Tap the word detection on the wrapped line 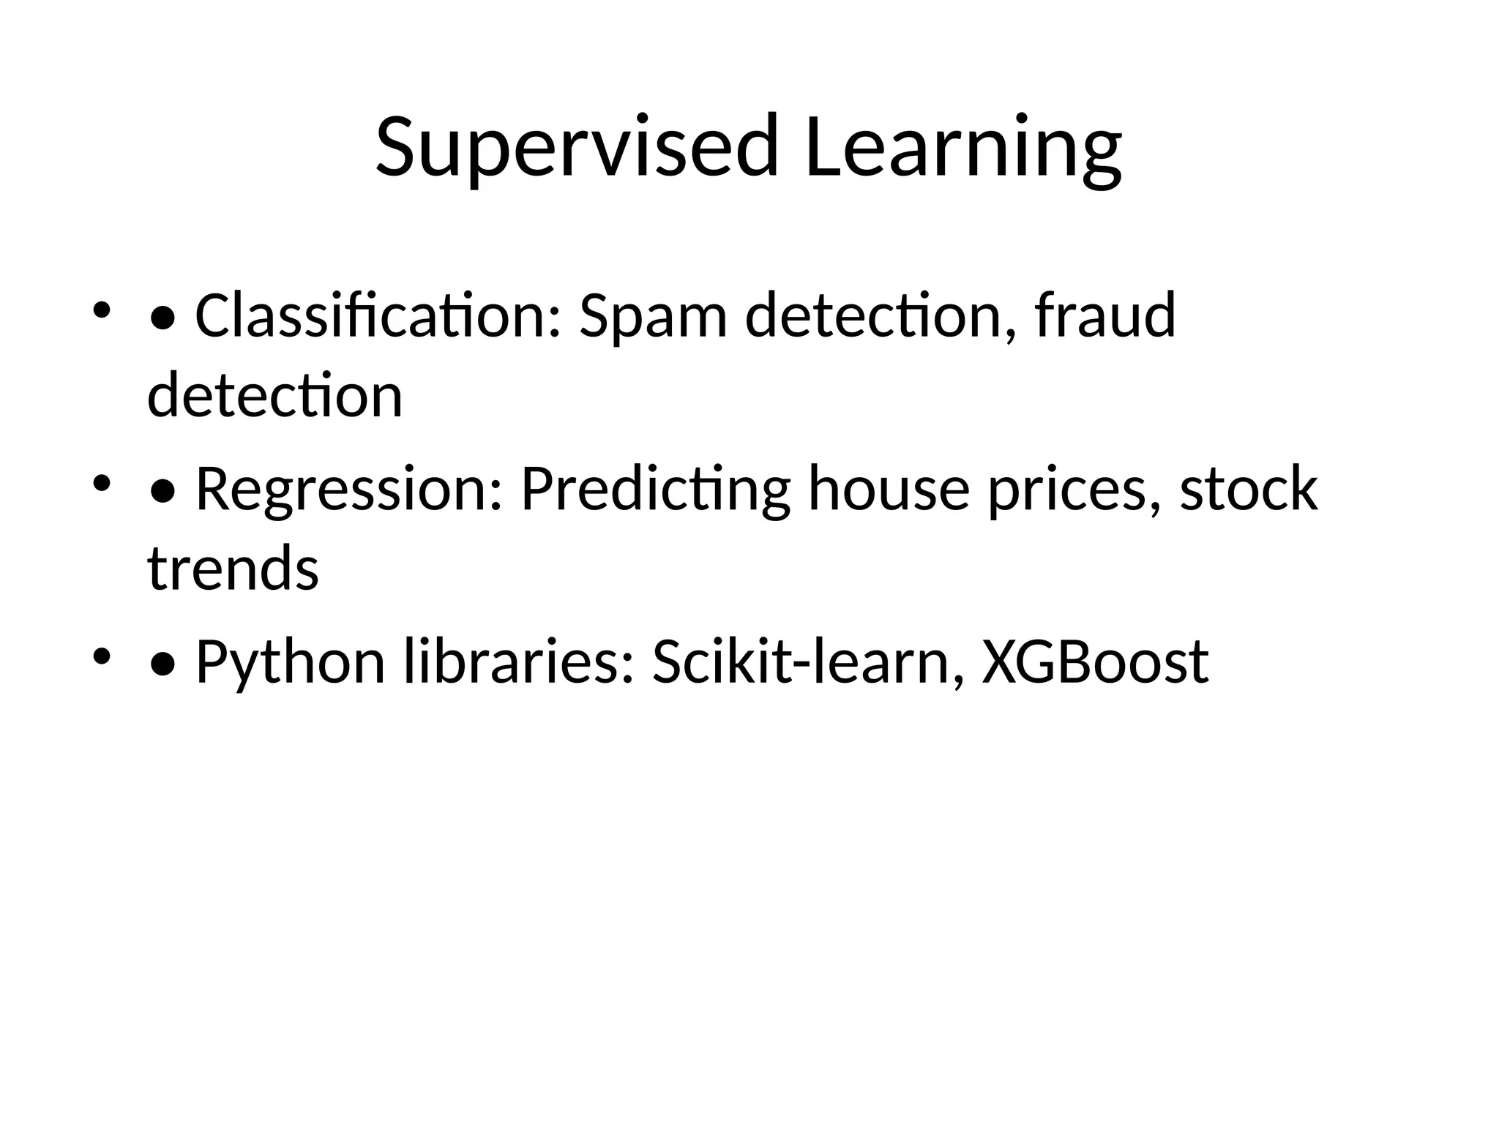[274, 395]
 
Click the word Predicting [655, 490]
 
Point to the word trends [233, 569]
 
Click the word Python [290, 663]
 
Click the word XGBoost [1095, 662]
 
